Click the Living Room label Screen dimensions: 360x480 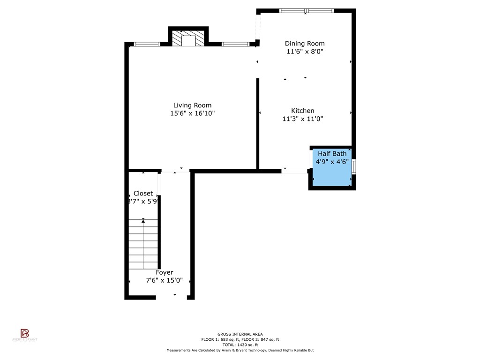coord(192,105)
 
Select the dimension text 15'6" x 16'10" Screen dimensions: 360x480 coord(192,113)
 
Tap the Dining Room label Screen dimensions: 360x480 coord(305,44)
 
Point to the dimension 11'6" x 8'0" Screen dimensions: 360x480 coord(305,52)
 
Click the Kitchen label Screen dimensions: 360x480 coord(303,111)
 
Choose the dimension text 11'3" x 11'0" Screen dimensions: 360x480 coord(303,119)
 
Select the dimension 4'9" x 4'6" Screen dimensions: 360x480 coord(332,162)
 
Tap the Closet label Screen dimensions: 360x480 coord(143,193)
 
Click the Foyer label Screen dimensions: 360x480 coord(165,272)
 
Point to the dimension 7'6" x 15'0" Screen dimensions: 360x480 coord(165,280)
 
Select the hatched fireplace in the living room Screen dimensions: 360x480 coord(188,39)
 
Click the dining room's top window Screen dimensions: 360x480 coord(306,10)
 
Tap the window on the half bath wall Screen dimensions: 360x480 coord(354,167)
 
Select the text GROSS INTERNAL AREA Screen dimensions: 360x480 coord(240,334)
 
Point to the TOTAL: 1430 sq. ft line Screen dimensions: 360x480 coord(240,345)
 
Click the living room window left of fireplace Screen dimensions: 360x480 coord(146,44)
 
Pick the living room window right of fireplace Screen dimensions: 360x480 coord(235,44)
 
